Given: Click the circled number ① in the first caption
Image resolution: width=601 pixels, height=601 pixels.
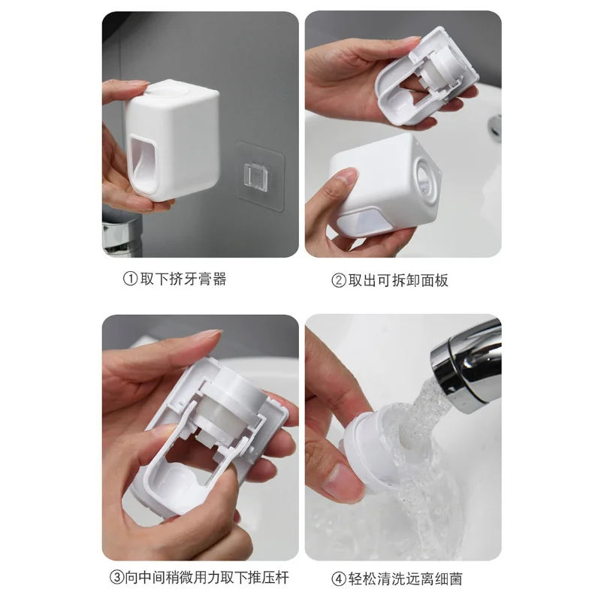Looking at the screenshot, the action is [x=130, y=279].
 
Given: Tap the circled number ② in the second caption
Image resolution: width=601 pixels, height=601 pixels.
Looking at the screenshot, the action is [x=339, y=280].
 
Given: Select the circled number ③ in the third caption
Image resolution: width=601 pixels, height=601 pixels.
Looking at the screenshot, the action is [x=116, y=578].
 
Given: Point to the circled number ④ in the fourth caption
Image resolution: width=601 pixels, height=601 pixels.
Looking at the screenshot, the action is [x=339, y=578].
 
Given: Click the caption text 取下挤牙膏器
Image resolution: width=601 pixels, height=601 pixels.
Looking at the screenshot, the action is [x=183, y=279].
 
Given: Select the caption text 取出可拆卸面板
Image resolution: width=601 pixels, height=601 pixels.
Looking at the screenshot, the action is [x=398, y=280].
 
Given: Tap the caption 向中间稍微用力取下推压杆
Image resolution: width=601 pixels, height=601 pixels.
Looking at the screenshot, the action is [x=207, y=578].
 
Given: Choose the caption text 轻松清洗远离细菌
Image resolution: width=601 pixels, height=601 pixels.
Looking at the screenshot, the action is [x=405, y=578].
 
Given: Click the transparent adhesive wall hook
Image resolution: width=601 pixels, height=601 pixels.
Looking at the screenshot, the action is [x=260, y=176].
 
